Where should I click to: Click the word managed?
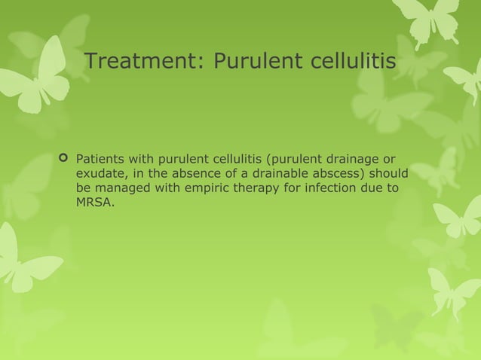coord(121,188)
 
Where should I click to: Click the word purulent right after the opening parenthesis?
coord(299,159)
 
